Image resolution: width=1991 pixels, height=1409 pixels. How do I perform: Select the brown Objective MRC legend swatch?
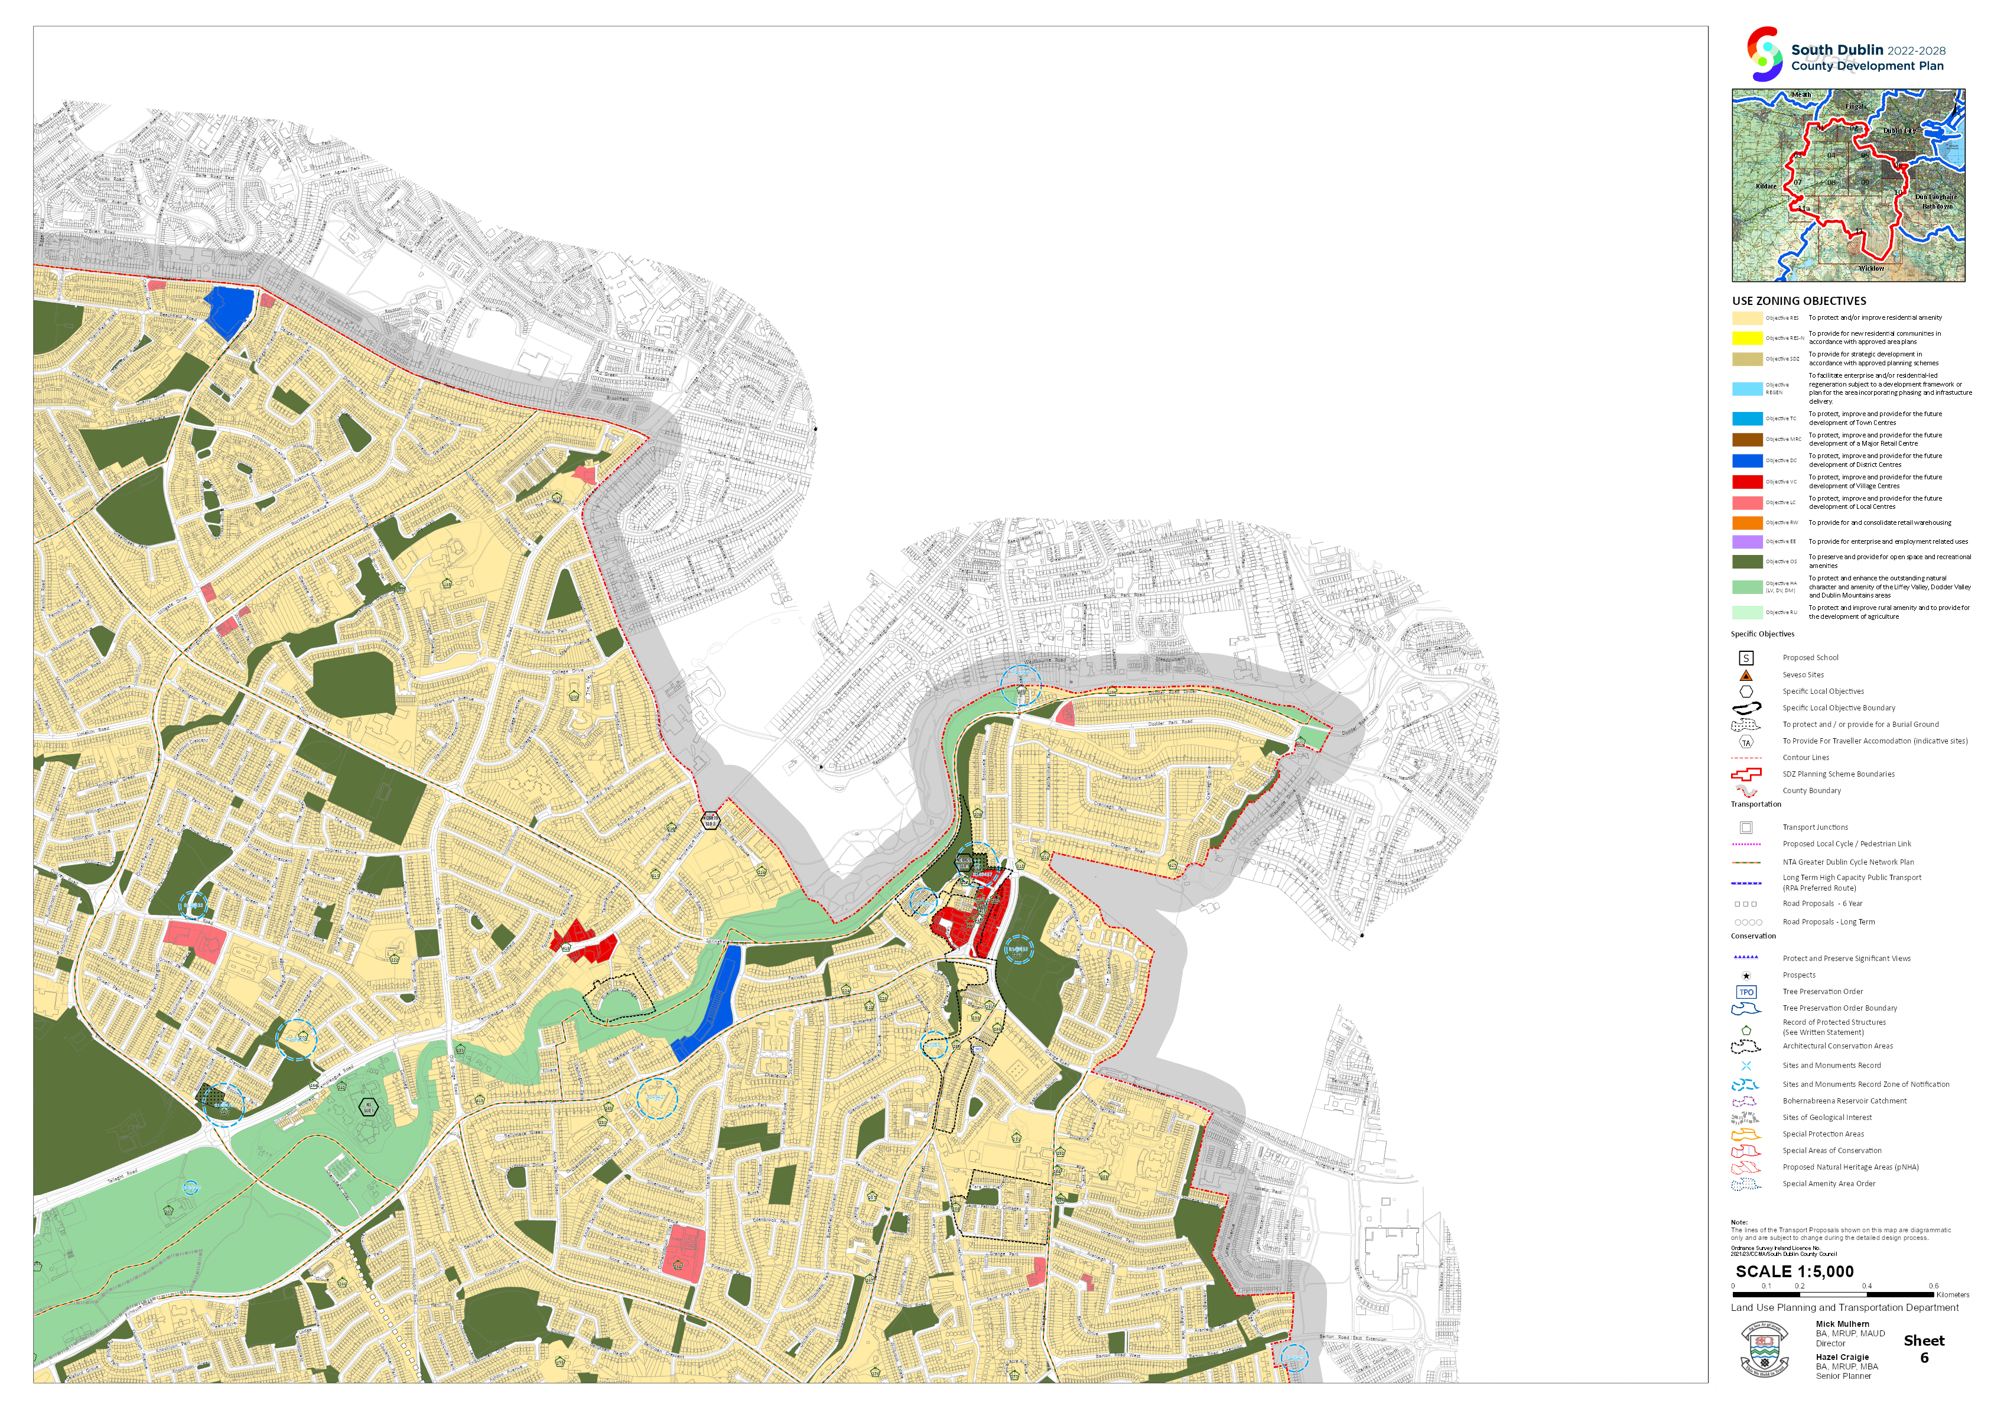pyautogui.click(x=1746, y=440)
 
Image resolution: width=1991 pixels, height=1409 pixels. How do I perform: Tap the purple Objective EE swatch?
pyautogui.click(x=1746, y=541)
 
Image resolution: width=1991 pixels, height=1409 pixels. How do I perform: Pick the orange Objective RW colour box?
pyautogui.click(x=1746, y=522)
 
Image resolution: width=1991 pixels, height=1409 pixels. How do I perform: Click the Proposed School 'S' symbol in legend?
pyautogui.click(x=1746, y=658)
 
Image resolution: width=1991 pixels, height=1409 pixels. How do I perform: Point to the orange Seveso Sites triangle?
pyautogui.click(x=1746, y=675)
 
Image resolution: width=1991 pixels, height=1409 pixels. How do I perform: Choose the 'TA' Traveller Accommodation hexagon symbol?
pyautogui.click(x=1746, y=742)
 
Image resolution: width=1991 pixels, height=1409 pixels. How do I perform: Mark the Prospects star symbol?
pyautogui.click(x=1746, y=975)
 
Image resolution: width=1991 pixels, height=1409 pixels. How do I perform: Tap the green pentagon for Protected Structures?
pyautogui.click(x=1746, y=1029)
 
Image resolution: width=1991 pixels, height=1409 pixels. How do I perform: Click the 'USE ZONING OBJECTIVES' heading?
pyautogui.click(x=1798, y=301)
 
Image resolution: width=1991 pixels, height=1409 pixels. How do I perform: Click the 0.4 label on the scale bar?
pyautogui.click(x=1866, y=1286)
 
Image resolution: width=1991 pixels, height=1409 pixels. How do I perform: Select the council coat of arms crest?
pyautogui.click(x=1764, y=1350)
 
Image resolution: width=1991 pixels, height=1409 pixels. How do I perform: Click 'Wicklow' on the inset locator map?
pyautogui.click(x=1870, y=269)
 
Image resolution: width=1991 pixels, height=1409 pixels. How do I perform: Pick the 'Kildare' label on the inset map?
pyautogui.click(x=1765, y=186)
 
